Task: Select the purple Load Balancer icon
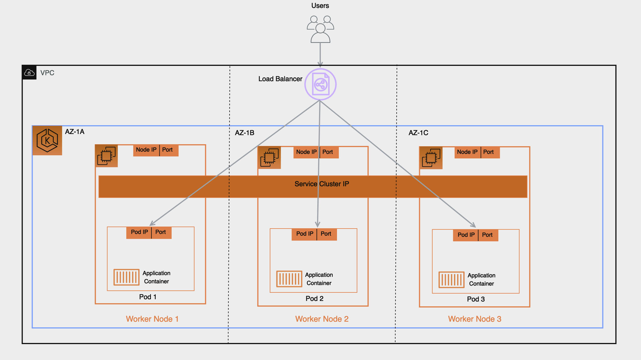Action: (320, 84)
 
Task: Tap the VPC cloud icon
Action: (29, 73)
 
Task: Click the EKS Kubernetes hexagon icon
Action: (47, 140)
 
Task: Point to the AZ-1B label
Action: (244, 133)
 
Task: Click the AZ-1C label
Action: (418, 133)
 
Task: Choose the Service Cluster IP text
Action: (322, 184)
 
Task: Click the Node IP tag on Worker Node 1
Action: (146, 150)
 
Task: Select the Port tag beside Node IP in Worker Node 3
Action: (489, 152)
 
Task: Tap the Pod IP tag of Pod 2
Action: (304, 234)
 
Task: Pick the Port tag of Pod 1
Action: (161, 232)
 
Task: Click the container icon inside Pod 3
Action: (451, 280)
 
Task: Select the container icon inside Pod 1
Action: (126, 277)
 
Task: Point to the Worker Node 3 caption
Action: (474, 319)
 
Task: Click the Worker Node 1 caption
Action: (152, 319)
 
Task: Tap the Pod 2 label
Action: (314, 299)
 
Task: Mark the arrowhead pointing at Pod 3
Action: (473, 225)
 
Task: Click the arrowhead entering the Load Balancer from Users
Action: (320, 65)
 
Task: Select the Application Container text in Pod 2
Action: (319, 279)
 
